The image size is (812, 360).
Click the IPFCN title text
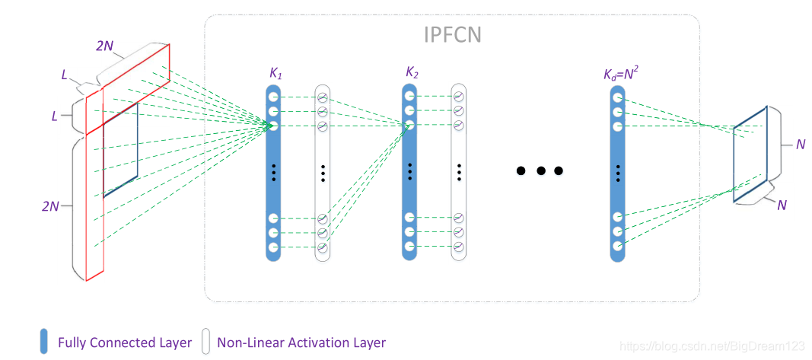(453, 35)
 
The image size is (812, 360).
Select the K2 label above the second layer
(412, 74)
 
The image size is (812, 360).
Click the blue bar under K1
(273, 172)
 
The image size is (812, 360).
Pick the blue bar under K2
(409, 172)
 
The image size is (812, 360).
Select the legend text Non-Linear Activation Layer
(301, 342)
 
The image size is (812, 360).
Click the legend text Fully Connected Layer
(125, 342)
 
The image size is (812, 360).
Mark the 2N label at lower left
(51, 205)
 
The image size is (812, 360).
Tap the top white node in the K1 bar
(273, 97)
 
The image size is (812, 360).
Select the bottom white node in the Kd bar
(617, 246)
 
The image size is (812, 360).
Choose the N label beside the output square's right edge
(800, 144)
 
